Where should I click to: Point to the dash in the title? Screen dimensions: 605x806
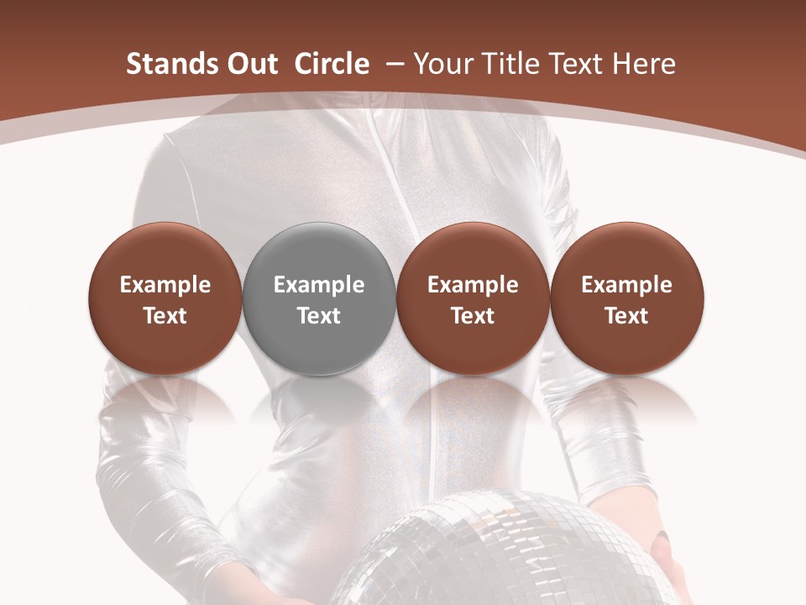(x=391, y=65)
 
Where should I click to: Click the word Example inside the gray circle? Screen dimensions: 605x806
(x=319, y=285)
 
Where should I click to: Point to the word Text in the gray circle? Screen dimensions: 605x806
(x=319, y=316)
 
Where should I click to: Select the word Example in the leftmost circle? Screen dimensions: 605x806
(x=165, y=285)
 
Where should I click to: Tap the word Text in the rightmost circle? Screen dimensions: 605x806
(x=626, y=316)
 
